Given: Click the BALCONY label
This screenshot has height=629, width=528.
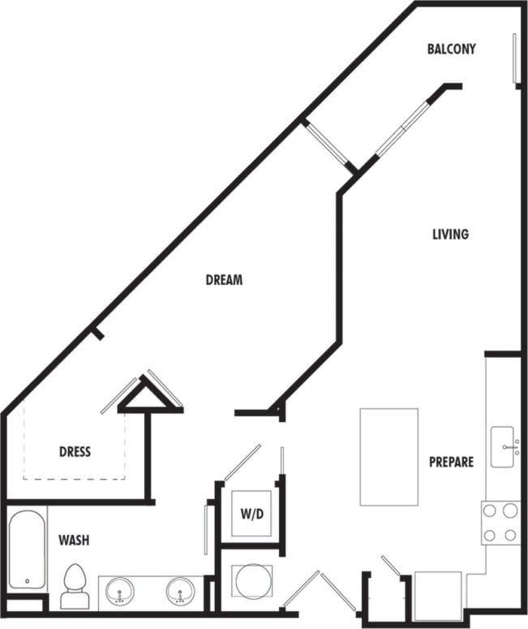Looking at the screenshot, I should coord(451,49).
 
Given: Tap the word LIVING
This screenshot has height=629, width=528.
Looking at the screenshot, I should coord(450,235).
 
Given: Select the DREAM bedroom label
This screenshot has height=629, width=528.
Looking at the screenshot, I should coord(224,280).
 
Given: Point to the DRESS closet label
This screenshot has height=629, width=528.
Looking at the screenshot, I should coord(75,451).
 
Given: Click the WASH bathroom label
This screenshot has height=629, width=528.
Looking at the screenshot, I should coord(73,540).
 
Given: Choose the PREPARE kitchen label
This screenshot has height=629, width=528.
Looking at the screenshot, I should coord(451,462).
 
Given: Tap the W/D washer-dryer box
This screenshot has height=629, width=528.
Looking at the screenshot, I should coord(251,514).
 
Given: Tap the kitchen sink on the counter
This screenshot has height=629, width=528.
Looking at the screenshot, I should coord(504,447).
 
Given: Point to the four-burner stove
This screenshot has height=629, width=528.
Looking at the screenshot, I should coord(500,523).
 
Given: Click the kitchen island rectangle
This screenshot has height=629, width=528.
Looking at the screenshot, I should coord(389,456).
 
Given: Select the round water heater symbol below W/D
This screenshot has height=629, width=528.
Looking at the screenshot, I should coord(247,581).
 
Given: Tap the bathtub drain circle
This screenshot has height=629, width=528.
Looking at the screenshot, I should coord(27,582).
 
